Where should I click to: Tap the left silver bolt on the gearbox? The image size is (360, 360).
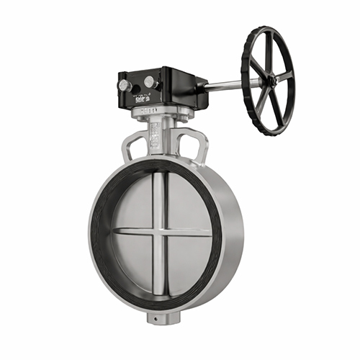[125, 86]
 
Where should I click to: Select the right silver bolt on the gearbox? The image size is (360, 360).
[150, 82]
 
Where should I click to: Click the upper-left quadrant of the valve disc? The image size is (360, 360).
[134, 204]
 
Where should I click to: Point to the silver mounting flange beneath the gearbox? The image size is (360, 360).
[161, 112]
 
